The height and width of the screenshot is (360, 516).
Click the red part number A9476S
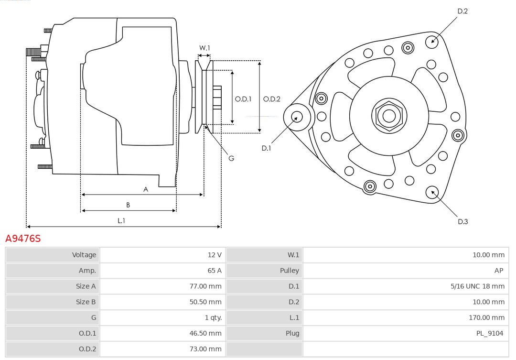(x=23, y=238)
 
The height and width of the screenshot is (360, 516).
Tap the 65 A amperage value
(x=215, y=271)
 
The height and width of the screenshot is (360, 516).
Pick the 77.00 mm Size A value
(x=205, y=286)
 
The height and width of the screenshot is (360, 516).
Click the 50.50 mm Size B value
(x=205, y=302)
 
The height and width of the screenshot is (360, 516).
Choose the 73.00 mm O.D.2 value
(x=205, y=349)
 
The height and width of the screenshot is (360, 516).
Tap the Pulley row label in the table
(x=289, y=271)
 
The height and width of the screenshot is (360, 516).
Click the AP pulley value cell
(x=498, y=271)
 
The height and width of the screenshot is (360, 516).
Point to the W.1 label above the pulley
(x=204, y=48)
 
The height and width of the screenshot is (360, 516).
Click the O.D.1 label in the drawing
(x=243, y=99)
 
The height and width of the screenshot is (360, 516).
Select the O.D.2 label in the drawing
(x=272, y=99)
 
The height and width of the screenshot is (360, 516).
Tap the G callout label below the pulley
(x=231, y=158)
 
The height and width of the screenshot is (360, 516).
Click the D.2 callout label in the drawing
(x=462, y=11)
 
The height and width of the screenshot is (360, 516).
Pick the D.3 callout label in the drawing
(x=462, y=221)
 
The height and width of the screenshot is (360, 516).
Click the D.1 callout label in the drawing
(x=266, y=148)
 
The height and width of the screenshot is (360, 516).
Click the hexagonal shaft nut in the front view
(x=389, y=116)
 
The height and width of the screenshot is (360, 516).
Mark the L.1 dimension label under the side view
(x=121, y=220)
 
